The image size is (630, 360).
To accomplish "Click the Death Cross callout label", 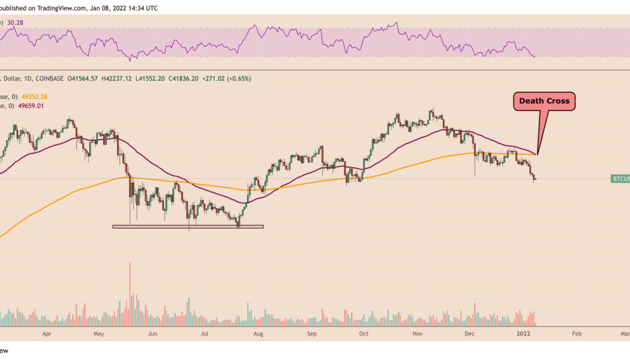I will (x=545, y=101).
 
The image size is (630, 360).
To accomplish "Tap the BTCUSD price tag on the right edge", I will (x=620, y=179).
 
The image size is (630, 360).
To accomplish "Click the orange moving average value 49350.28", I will (x=35, y=97).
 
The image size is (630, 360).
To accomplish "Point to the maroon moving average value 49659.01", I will (x=32, y=106).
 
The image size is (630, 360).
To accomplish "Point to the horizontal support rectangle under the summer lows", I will (x=188, y=226).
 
